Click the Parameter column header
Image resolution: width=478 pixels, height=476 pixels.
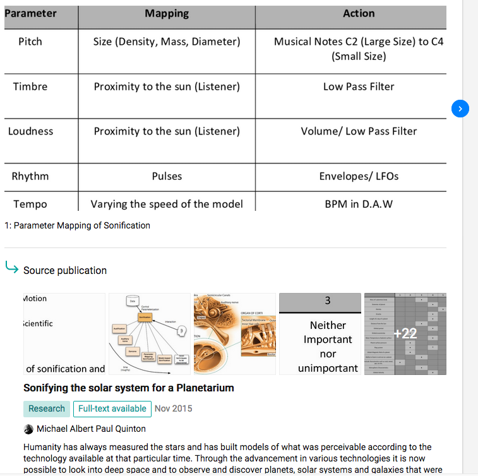[x=30, y=13]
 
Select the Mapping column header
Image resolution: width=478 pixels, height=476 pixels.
[x=167, y=13]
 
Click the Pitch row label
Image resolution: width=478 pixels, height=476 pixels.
[x=30, y=42]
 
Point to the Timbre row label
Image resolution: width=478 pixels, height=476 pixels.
[x=30, y=86]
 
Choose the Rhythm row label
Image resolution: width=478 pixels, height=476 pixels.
[x=30, y=176]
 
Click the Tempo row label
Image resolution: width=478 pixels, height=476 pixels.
[x=30, y=204]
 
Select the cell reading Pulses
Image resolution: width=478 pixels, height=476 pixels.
[x=167, y=176]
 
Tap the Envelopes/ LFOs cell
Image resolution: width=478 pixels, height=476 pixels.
[x=359, y=176]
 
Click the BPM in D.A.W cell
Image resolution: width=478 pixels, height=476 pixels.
[x=359, y=204]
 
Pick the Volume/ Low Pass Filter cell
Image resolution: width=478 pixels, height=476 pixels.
[x=359, y=131]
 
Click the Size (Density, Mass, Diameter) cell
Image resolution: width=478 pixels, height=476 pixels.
[x=167, y=42]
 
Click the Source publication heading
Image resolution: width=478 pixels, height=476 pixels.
[x=65, y=270]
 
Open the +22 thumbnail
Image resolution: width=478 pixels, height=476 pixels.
[x=405, y=333]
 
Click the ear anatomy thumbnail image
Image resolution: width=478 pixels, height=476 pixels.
[x=234, y=333]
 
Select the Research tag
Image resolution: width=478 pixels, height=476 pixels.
[x=47, y=408]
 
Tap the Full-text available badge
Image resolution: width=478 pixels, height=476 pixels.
[x=112, y=408]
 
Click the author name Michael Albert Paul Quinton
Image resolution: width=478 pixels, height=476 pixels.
[x=91, y=429]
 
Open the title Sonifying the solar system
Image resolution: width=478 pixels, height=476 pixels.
[x=129, y=388]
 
